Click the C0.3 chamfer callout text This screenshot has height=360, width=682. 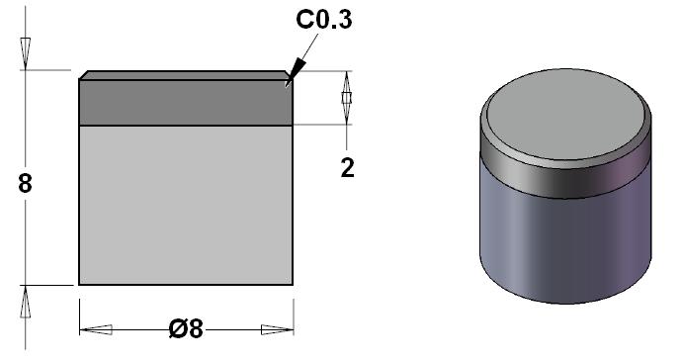click(323, 20)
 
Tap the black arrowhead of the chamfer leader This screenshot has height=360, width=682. click(295, 72)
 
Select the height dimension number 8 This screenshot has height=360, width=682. click(26, 183)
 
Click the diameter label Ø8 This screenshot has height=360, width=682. click(186, 328)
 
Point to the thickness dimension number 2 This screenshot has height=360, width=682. click(347, 168)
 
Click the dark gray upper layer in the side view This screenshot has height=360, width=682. click(186, 103)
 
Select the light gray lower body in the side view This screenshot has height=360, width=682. click(186, 205)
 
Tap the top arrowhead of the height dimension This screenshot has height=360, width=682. click(26, 53)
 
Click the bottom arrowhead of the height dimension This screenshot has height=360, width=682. click(26, 302)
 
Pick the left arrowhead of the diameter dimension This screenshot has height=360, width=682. click(96, 329)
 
